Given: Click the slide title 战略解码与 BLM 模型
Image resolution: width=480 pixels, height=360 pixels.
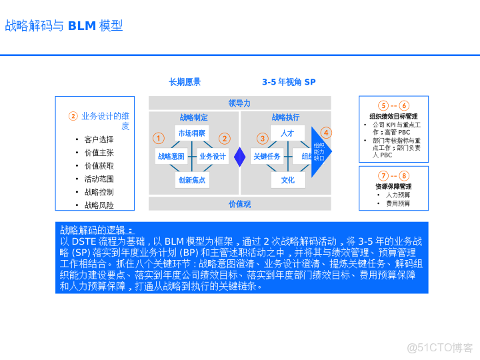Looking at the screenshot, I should (64, 26).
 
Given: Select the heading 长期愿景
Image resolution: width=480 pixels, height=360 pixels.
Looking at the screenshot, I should (185, 82).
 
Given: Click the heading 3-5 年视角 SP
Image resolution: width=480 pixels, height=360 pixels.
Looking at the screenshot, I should (288, 82).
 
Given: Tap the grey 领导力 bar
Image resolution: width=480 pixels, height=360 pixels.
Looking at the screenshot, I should (239, 103).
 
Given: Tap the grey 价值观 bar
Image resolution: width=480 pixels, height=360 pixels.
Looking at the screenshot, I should (239, 204).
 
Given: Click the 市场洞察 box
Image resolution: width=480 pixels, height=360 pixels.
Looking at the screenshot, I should (192, 133).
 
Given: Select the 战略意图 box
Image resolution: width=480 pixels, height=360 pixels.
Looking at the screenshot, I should (170, 157).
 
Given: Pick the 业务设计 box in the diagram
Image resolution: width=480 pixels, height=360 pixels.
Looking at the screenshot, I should (213, 157).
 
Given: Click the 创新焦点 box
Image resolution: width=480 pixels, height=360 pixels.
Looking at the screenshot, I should (192, 180).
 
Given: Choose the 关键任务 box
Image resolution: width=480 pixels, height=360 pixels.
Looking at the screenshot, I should (267, 157).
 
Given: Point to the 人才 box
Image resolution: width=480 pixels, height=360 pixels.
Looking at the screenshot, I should (287, 133).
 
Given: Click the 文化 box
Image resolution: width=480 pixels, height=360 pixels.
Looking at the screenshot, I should (287, 180).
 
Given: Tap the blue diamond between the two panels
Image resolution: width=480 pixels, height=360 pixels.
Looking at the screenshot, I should (240, 157).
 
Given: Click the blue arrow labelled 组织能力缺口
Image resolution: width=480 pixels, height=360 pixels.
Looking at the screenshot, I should (320, 152).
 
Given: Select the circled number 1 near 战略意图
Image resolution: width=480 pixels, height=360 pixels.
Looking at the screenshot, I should (158, 139).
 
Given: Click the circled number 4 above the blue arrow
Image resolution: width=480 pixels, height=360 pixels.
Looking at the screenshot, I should (326, 133).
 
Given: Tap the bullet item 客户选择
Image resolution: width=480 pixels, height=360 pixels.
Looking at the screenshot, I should (99, 139).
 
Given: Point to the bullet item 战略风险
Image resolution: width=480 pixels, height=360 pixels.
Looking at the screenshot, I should (99, 205).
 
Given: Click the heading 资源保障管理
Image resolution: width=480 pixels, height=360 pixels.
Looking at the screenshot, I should (393, 187).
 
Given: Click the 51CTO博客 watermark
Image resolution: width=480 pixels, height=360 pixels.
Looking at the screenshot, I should (440, 347).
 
